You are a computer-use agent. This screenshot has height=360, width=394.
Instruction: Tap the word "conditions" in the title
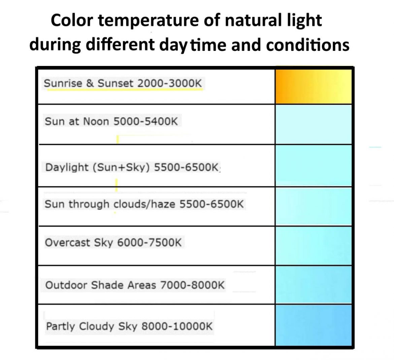click(307, 45)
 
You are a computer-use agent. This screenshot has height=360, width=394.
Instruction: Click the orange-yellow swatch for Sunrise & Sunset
click(313, 86)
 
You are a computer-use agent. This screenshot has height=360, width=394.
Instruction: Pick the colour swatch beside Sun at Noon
click(313, 124)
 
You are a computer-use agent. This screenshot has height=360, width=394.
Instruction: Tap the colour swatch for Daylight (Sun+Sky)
click(313, 166)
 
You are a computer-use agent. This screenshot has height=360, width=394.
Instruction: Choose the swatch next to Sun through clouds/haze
click(313, 206)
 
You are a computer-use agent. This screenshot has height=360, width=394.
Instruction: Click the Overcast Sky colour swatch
click(313, 246)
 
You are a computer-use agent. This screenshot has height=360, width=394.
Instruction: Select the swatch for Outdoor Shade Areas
click(313, 285)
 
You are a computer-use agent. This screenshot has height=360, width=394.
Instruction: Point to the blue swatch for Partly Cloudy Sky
click(313, 325)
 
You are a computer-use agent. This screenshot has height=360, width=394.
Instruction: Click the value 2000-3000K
click(170, 83)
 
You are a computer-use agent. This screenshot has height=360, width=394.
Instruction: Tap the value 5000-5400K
click(145, 121)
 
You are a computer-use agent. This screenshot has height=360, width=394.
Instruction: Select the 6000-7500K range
click(149, 243)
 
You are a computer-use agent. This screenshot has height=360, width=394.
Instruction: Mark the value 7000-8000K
click(192, 285)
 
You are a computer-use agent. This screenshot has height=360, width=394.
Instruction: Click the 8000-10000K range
click(177, 326)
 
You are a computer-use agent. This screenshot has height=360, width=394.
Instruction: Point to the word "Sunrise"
click(63, 83)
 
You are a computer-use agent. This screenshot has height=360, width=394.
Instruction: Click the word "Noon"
click(96, 121)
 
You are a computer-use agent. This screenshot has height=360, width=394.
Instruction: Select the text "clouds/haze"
click(144, 204)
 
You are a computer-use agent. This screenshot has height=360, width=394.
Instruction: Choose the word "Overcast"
click(67, 243)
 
